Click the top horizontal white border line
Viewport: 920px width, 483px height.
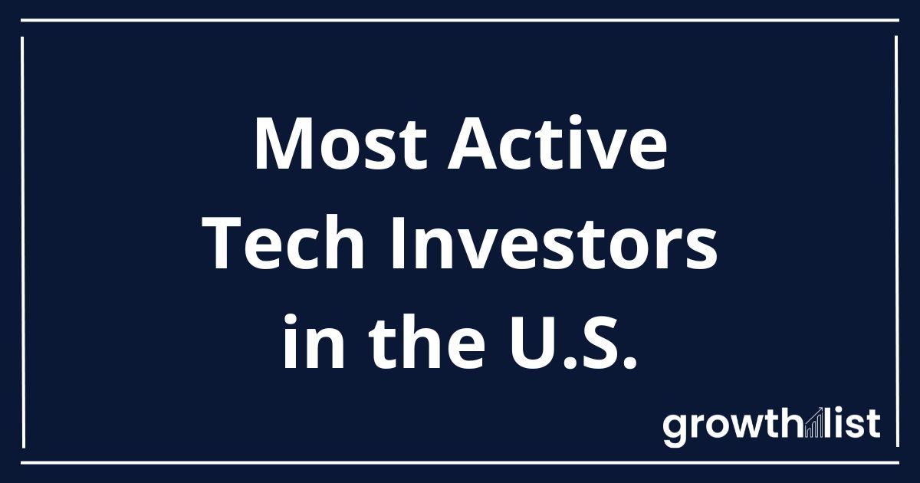pyautogui.click(x=460, y=20)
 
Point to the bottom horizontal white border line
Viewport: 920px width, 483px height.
pyautogui.click(x=460, y=463)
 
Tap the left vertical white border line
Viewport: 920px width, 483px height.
pyautogui.click(x=23, y=242)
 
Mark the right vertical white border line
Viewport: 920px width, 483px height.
pyautogui.click(x=896, y=242)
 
